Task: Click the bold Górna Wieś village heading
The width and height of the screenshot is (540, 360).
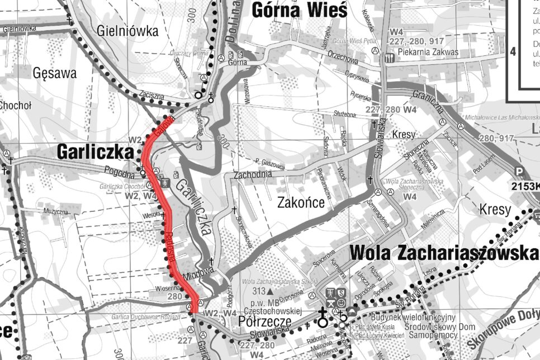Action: [300, 10]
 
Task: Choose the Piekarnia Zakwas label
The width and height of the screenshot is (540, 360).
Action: [428, 52]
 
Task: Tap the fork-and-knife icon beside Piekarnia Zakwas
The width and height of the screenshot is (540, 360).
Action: [390, 56]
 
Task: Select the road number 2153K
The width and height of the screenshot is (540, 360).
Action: [525, 185]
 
